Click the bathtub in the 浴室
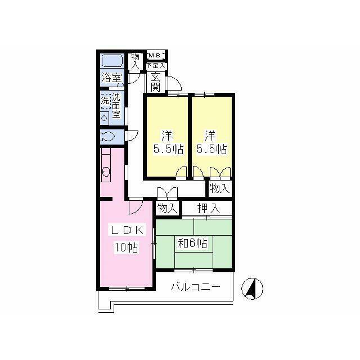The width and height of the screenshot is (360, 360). tap(112, 61)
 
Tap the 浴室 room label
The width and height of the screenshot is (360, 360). tap(112, 78)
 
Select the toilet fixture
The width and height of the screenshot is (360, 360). tap(107, 137)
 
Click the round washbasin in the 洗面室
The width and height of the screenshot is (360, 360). tap(105, 118)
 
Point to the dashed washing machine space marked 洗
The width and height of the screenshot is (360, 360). tap(105, 101)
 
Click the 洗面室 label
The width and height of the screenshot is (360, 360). tap(116, 106)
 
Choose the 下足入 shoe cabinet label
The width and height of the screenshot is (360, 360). tap(156, 65)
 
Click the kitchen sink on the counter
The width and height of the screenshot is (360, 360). tap(106, 172)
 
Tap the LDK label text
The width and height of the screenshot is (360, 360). tap(127, 230)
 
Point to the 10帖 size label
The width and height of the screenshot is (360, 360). tap(127, 247)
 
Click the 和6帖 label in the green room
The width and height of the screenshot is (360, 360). tap(192, 243)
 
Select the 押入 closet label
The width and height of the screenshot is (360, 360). tap(209, 208)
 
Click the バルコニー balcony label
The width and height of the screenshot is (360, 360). tap(195, 287)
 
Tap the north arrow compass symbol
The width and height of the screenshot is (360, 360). tap(252, 289)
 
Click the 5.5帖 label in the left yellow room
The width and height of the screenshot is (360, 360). tap(168, 150)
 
